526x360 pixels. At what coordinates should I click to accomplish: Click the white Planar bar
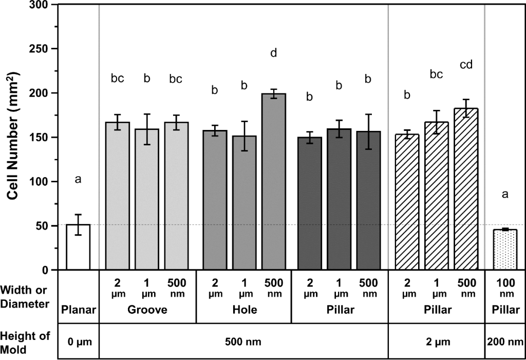pos(78,247)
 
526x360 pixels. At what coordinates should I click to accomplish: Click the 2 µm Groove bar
pos(118,196)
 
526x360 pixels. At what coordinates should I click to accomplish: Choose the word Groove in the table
pos(147,310)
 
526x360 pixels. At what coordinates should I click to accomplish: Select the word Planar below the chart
pos(79,310)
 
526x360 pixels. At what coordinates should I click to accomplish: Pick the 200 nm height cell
pos(505,342)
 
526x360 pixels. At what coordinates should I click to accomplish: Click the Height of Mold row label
pos(26,342)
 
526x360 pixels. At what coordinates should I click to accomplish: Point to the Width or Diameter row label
pos(26,297)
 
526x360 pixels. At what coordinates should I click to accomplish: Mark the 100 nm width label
pos(505,288)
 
